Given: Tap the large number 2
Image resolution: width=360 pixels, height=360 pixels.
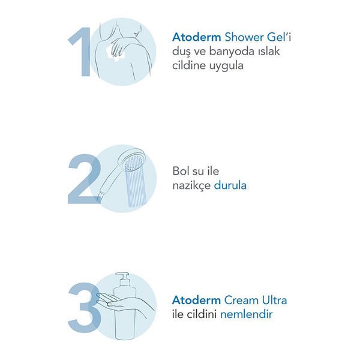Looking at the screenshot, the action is coord(85,179).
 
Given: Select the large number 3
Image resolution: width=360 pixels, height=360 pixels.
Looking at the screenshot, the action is coord(85,307).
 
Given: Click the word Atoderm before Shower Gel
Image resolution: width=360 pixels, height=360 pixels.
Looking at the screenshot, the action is coord(197,37).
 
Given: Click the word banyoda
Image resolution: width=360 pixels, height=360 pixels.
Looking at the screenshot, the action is coord(232,52).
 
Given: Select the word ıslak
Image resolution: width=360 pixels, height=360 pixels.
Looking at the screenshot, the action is coord(269,51).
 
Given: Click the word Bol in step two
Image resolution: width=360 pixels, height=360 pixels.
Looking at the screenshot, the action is coord(180,171).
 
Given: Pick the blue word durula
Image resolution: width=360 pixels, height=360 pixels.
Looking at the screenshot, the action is coord(230,185).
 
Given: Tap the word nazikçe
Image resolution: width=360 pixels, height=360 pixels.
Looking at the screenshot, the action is coord(191,186).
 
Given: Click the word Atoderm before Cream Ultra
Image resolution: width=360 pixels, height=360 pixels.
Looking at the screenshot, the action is coord(197,301).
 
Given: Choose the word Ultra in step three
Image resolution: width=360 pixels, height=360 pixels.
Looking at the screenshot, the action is coord(275,301).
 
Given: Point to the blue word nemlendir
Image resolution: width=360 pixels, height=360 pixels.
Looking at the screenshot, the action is coord(247,314).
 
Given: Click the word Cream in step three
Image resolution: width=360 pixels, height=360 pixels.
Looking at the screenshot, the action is coord(242,301).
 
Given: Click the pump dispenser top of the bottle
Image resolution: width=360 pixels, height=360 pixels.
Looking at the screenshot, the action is coord(123,279).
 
